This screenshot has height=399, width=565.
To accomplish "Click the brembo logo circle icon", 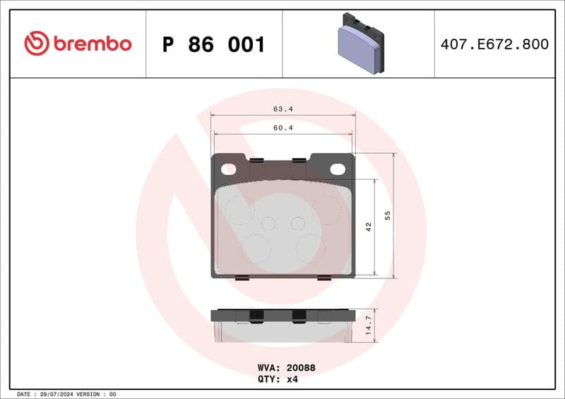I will coord(37,44).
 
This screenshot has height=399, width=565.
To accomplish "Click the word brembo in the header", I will coord(91,44).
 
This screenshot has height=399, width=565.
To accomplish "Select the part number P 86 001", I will coord(213,44).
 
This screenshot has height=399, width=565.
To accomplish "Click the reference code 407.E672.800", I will coord(494,44).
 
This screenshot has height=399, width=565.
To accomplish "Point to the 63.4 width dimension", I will coord(283,109).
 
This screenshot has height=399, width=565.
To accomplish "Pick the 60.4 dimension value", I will coord(283,128).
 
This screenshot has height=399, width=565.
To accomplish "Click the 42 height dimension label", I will coord(368,226).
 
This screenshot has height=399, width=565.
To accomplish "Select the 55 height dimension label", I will coord(387,215).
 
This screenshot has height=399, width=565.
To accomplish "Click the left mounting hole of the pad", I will coord(228,169).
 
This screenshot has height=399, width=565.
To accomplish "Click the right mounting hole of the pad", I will coord(338,169).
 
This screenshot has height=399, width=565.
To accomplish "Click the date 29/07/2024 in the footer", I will coord(56,393).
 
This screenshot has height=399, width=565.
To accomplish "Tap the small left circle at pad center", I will coord(268,223).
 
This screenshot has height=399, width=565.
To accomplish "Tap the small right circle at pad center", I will coord(298,223).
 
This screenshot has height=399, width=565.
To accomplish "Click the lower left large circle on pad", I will coord(256,248).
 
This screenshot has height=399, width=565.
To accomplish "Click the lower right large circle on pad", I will coord(310,248).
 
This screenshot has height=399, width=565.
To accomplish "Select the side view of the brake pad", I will coord(282,325).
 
